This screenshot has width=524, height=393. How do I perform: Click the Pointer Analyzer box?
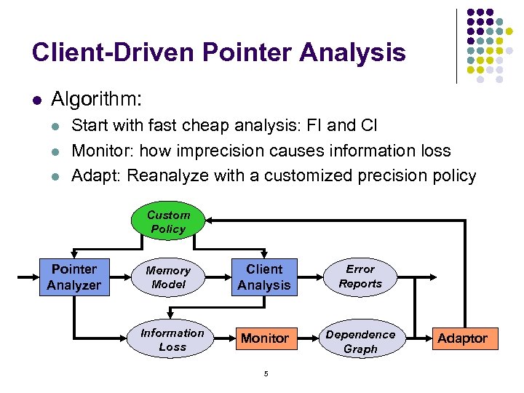[74, 277]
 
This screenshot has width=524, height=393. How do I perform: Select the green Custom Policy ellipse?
[168, 222]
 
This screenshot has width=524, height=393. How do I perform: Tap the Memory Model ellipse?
[168, 277]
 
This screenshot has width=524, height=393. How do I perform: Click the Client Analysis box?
[263, 277]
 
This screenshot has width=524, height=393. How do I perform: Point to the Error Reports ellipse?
[360, 277]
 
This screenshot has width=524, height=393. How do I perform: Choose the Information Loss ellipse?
[172, 340]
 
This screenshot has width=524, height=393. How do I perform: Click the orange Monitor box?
[265, 338]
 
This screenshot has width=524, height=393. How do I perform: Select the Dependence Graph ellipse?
[360, 341]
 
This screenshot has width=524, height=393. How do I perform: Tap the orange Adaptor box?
[462, 338]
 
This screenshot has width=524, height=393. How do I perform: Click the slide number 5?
[266, 374]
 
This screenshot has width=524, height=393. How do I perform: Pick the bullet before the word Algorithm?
[36, 98]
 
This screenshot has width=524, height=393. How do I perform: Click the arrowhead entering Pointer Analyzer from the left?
[35, 277]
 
